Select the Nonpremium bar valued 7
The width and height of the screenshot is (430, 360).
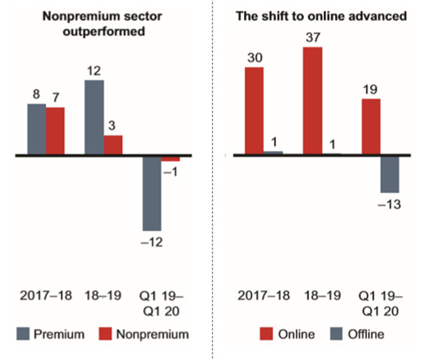coord(55,131)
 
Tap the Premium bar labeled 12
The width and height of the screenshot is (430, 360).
coord(94,117)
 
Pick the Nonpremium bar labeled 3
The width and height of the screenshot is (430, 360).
coord(113,145)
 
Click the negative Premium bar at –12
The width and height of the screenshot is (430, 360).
coord(152,193)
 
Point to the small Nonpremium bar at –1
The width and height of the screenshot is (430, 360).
coord(171,159)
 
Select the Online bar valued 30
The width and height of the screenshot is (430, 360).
coord(254,110)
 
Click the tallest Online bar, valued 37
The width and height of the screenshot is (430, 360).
coord(312,100)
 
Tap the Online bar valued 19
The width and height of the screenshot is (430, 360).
coord(370,126)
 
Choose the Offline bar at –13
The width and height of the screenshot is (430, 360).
coord(389,174)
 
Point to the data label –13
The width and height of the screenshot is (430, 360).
coord(389,204)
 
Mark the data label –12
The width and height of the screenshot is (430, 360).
coord(152,242)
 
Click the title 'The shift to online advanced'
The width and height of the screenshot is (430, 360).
coord(322,17)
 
